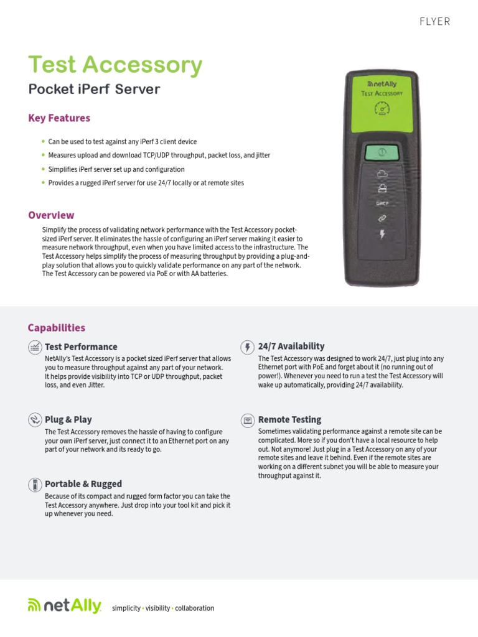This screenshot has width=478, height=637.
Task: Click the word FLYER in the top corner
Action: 434,22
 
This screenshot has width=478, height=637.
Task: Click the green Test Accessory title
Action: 115,65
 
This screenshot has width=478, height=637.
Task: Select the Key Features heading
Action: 59,118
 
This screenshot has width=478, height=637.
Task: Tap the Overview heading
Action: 51,215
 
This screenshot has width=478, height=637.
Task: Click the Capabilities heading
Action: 57,328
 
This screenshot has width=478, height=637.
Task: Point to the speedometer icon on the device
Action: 382,109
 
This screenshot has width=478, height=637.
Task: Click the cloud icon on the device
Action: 383,174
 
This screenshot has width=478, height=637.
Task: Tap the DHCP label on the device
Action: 383,203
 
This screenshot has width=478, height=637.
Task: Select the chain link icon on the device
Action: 383,218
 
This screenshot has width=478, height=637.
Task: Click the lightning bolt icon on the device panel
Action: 383,235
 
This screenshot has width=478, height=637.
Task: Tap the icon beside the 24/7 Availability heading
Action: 248,346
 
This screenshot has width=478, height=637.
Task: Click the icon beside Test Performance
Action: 35,347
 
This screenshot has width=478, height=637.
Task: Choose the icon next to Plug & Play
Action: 35,420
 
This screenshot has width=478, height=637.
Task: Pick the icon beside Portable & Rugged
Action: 35,484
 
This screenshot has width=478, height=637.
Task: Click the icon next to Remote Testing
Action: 248,420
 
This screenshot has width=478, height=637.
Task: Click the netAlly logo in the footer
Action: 64,607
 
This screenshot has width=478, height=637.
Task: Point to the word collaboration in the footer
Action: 194,608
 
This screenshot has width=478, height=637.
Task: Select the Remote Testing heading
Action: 289,420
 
